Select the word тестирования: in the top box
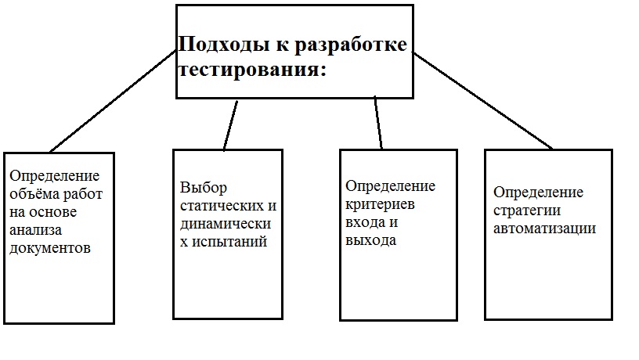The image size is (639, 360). (253, 69)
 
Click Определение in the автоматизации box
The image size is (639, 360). (539, 192)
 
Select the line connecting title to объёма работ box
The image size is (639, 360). (114, 99)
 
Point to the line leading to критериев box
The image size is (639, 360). (378, 123)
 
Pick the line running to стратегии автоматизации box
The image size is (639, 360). (483, 101)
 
